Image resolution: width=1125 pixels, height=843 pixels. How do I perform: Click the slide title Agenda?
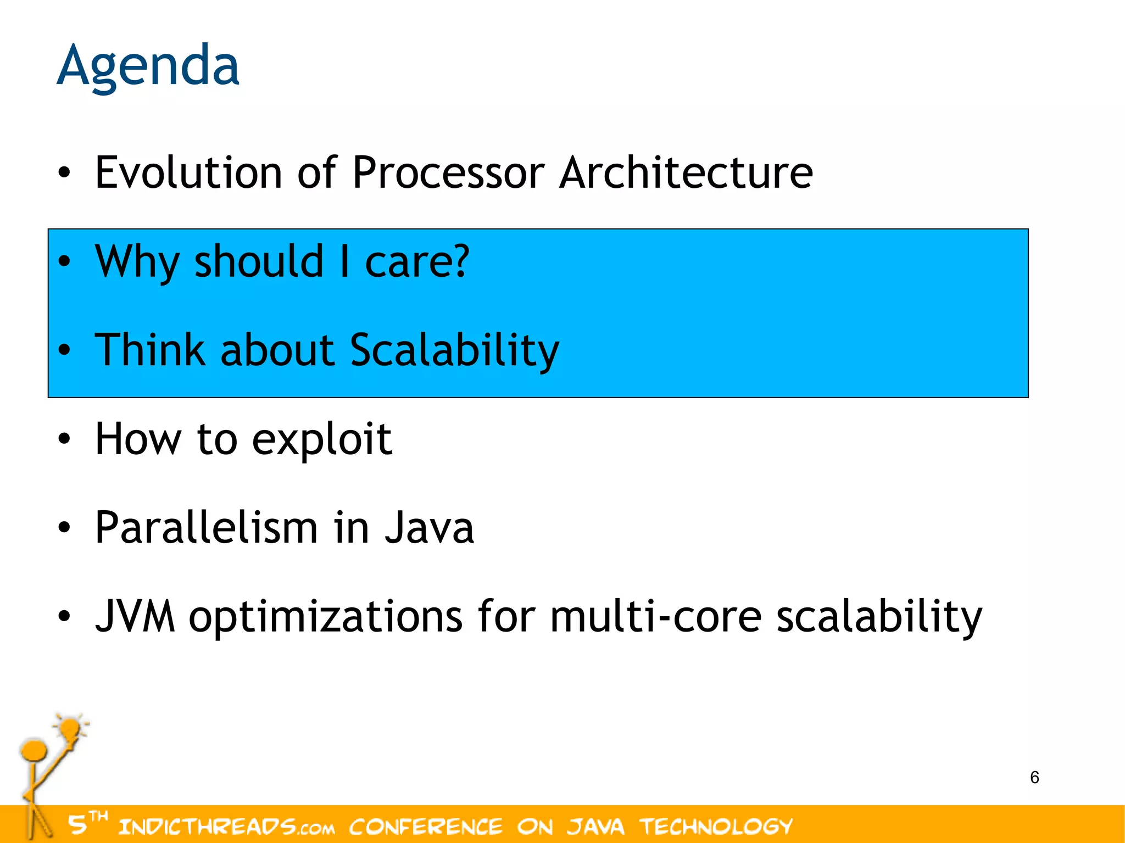(148, 66)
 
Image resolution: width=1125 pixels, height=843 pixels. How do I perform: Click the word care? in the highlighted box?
(417, 261)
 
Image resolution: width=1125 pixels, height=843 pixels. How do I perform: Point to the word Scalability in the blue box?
(454, 350)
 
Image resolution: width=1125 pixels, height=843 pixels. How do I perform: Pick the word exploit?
(322, 440)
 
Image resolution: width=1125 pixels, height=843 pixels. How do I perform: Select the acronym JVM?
(135, 616)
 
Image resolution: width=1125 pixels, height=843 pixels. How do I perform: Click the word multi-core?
(656, 616)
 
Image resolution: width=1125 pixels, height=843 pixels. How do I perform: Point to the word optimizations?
(326, 617)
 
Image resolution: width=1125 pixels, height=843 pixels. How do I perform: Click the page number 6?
(1034, 777)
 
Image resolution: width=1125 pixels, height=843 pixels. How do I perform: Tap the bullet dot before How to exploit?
(64, 439)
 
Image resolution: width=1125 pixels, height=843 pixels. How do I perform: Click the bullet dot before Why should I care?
(64, 262)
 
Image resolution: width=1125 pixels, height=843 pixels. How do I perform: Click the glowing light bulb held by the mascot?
(70, 729)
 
